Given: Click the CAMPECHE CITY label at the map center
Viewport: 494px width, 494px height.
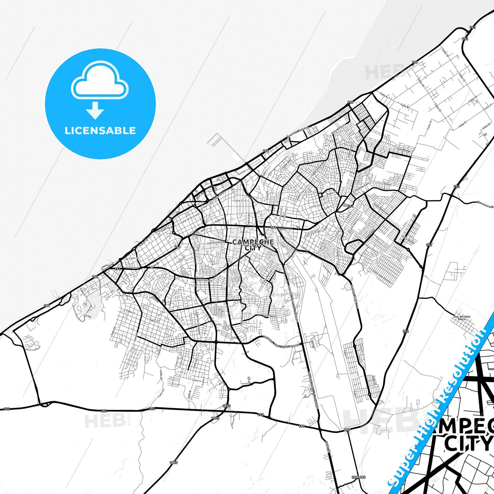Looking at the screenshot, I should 253,245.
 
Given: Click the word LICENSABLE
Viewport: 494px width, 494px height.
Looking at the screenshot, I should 100,131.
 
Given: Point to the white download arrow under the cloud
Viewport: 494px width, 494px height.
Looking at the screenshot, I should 95,110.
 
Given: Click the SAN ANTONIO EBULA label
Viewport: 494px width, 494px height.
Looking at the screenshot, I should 462,318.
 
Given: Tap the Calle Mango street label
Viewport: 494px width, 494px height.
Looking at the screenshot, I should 403,150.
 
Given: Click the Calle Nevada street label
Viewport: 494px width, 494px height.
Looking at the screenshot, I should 204,280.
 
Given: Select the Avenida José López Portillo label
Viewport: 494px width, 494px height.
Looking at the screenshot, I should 281,342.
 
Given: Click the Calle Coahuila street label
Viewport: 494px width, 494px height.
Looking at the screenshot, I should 215,242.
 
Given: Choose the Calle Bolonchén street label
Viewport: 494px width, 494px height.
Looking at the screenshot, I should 381,210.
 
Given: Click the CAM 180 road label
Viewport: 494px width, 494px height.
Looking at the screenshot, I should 358,477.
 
